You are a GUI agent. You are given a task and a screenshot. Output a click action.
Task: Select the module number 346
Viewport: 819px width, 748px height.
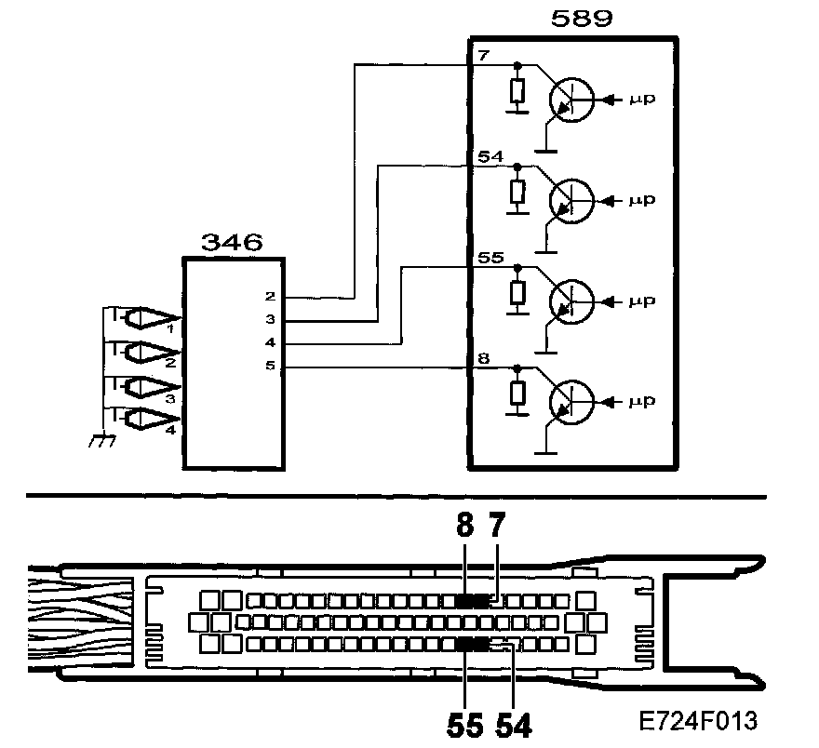click(x=232, y=244)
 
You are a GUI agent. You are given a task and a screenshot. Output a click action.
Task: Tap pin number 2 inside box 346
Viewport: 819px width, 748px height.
click(x=270, y=297)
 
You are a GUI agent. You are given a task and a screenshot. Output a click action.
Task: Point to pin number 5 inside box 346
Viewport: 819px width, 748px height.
click(x=270, y=367)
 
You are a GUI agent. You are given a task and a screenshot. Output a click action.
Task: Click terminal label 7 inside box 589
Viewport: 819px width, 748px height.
click(x=483, y=55)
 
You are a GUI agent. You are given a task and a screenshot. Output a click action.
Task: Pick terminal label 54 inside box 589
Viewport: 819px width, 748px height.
click(x=490, y=155)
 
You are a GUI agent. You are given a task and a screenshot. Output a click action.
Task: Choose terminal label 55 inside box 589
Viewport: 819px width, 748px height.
click(x=490, y=256)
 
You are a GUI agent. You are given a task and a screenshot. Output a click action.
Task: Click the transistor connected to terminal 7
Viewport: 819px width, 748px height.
click(x=570, y=100)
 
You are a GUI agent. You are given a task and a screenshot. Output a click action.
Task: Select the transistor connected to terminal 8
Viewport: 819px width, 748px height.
click(x=570, y=401)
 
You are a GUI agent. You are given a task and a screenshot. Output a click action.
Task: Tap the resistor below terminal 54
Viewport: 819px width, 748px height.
click(x=518, y=193)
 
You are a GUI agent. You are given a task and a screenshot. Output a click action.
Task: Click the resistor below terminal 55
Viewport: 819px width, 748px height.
click(x=518, y=292)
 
